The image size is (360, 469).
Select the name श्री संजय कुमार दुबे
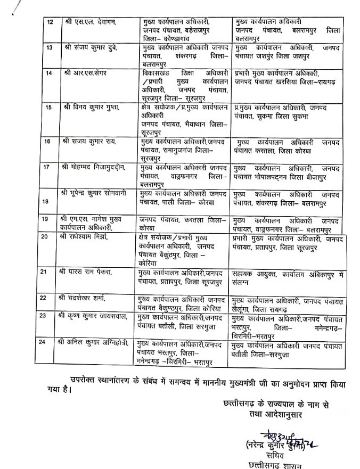pos(87,48)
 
